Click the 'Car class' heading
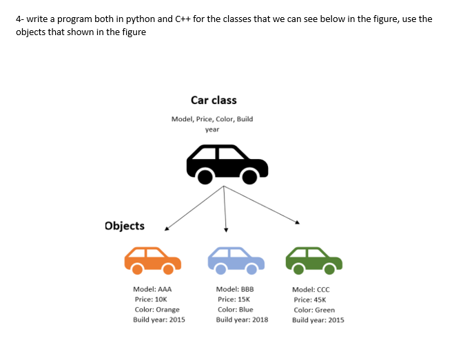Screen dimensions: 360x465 tap(214, 100)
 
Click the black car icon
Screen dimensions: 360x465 tap(227, 165)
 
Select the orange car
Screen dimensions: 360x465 tap(152, 259)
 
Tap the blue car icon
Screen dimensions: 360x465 tap(236, 259)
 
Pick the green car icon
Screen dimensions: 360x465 tap(314, 259)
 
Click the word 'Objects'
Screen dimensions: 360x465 tap(125, 226)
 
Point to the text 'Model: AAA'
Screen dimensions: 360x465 tap(152, 290)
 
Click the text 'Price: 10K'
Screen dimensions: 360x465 tap(152, 299)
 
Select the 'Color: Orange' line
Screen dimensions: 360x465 tap(157, 310)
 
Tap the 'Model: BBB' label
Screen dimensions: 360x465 tap(235, 290)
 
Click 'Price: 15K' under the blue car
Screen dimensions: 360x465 tap(234, 299)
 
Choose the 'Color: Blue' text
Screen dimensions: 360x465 tap(235, 310)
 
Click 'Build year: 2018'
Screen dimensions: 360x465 tap(242, 319)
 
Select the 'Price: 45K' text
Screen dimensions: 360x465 tap(310, 299)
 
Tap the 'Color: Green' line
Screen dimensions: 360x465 tap(314, 310)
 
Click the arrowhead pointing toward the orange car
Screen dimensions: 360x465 tap(166, 226)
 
